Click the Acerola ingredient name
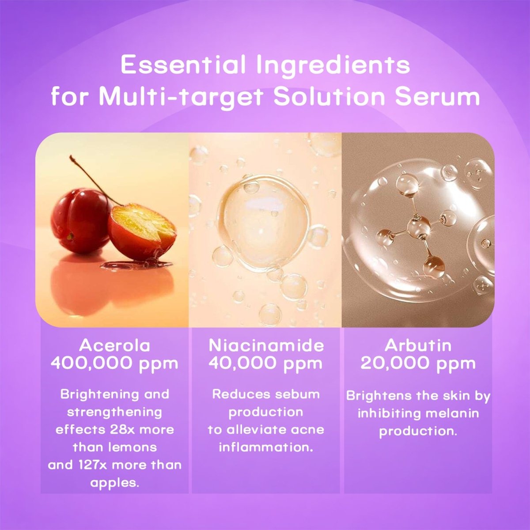[x=114, y=345]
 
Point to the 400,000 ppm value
[x=114, y=363]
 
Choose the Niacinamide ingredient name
[x=266, y=345]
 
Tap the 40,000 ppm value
[x=266, y=363]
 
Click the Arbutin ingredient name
[x=418, y=345]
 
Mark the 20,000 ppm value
[x=418, y=363]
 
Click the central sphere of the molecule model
[x=418, y=227]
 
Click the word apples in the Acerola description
[x=115, y=482]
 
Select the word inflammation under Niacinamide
[x=266, y=447]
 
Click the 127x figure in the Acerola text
[x=86, y=465]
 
